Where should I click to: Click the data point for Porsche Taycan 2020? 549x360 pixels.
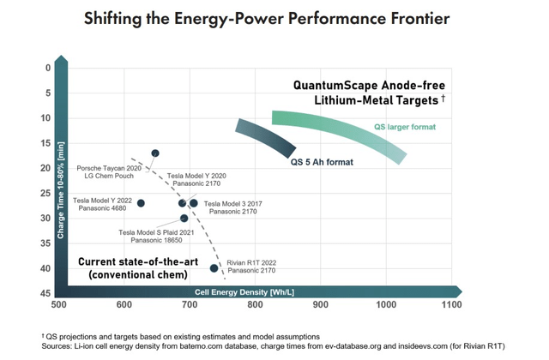[155, 153]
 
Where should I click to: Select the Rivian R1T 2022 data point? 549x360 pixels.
[214, 268]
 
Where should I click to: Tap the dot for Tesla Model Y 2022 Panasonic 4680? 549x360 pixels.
[142, 203]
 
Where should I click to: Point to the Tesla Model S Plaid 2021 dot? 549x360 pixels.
[184, 219]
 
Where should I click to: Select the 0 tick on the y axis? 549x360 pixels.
[48, 69]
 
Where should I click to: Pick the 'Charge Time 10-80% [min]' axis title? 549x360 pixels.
[61, 181]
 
